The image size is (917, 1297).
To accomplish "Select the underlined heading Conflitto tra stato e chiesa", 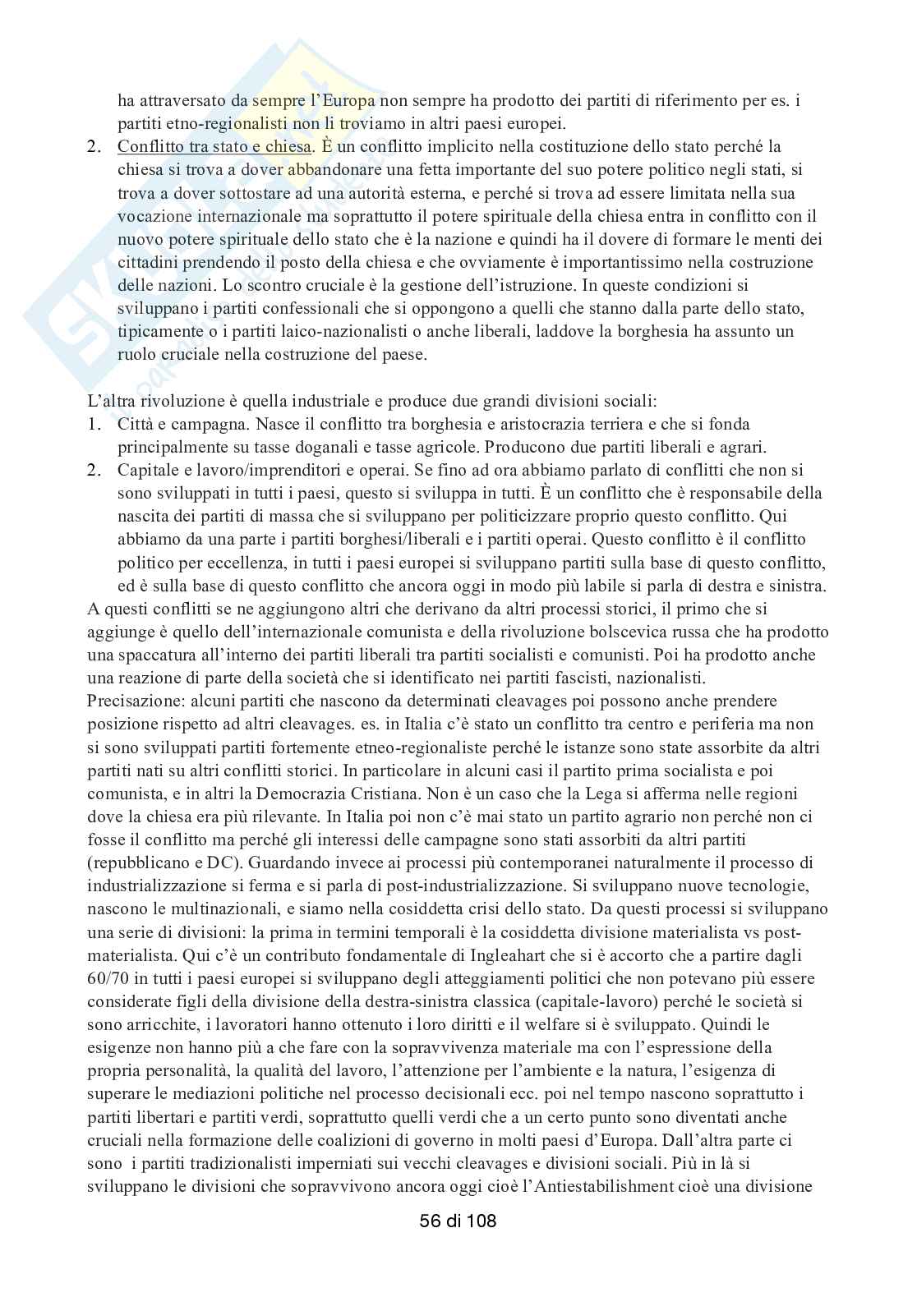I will (215, 147).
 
